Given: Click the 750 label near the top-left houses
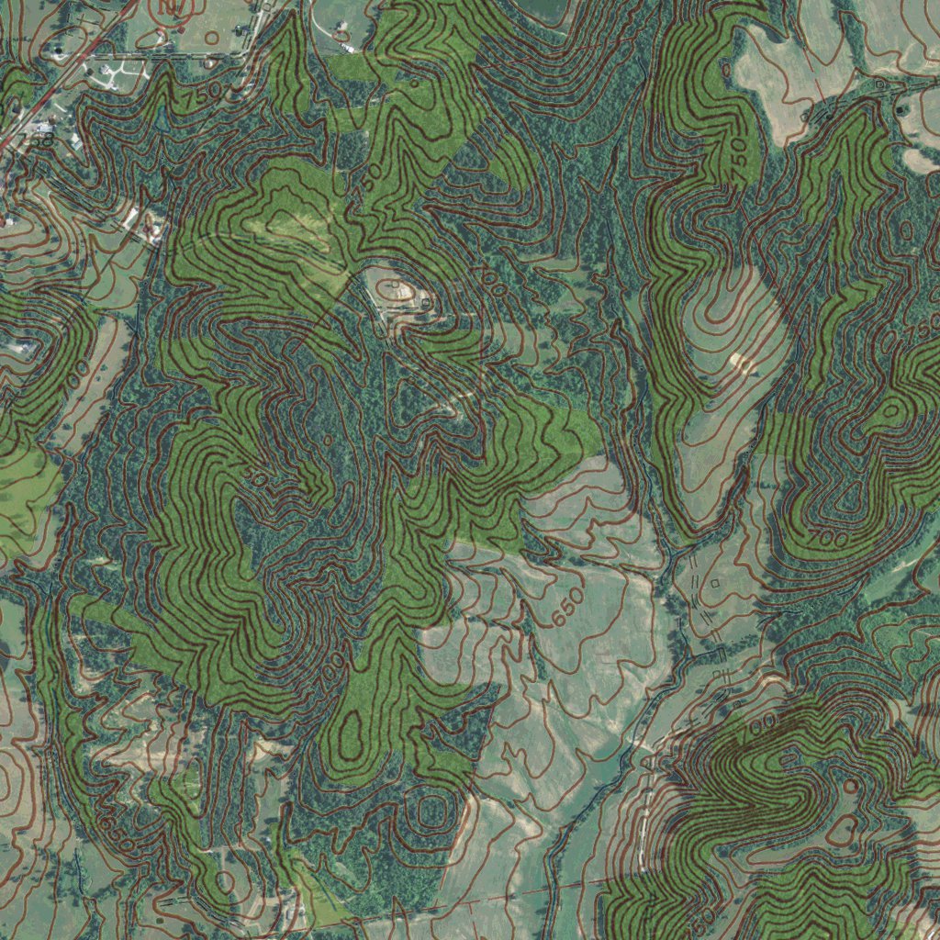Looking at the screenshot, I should click(x=202, y=93).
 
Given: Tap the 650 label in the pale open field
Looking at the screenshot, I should click(x=568, y=608).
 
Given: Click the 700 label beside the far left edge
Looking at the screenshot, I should click(x=77, y=371).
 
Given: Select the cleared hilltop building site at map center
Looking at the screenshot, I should click(x=400, y=294).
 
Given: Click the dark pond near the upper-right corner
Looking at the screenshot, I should click(x=901, y=108).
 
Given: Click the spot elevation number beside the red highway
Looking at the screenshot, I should click(x=41, y=140).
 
